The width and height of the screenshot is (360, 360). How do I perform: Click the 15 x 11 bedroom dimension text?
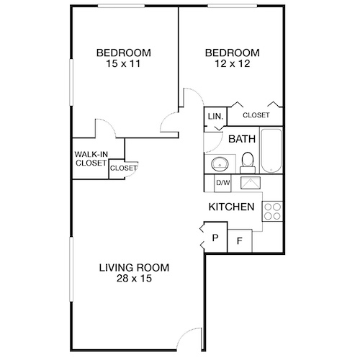pos(123,65)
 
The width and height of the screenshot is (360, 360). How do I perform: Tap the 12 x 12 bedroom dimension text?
pos(231,65)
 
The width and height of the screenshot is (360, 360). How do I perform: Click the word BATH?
pos(242,140)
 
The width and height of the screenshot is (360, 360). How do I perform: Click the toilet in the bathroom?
pos(247,161)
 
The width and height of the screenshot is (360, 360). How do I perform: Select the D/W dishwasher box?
pos(223,183)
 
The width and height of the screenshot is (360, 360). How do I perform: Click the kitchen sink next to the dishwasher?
pos(251,182)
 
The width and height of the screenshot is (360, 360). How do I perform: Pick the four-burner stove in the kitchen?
pos(272,210)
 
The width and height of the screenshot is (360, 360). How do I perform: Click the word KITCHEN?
pos(231,207)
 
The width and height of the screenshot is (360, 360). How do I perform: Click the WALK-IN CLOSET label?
pos(90,158)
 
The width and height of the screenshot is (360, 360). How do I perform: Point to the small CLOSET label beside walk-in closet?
pos(123,168)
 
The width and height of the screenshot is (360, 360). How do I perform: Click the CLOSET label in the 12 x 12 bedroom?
pos(256,115)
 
